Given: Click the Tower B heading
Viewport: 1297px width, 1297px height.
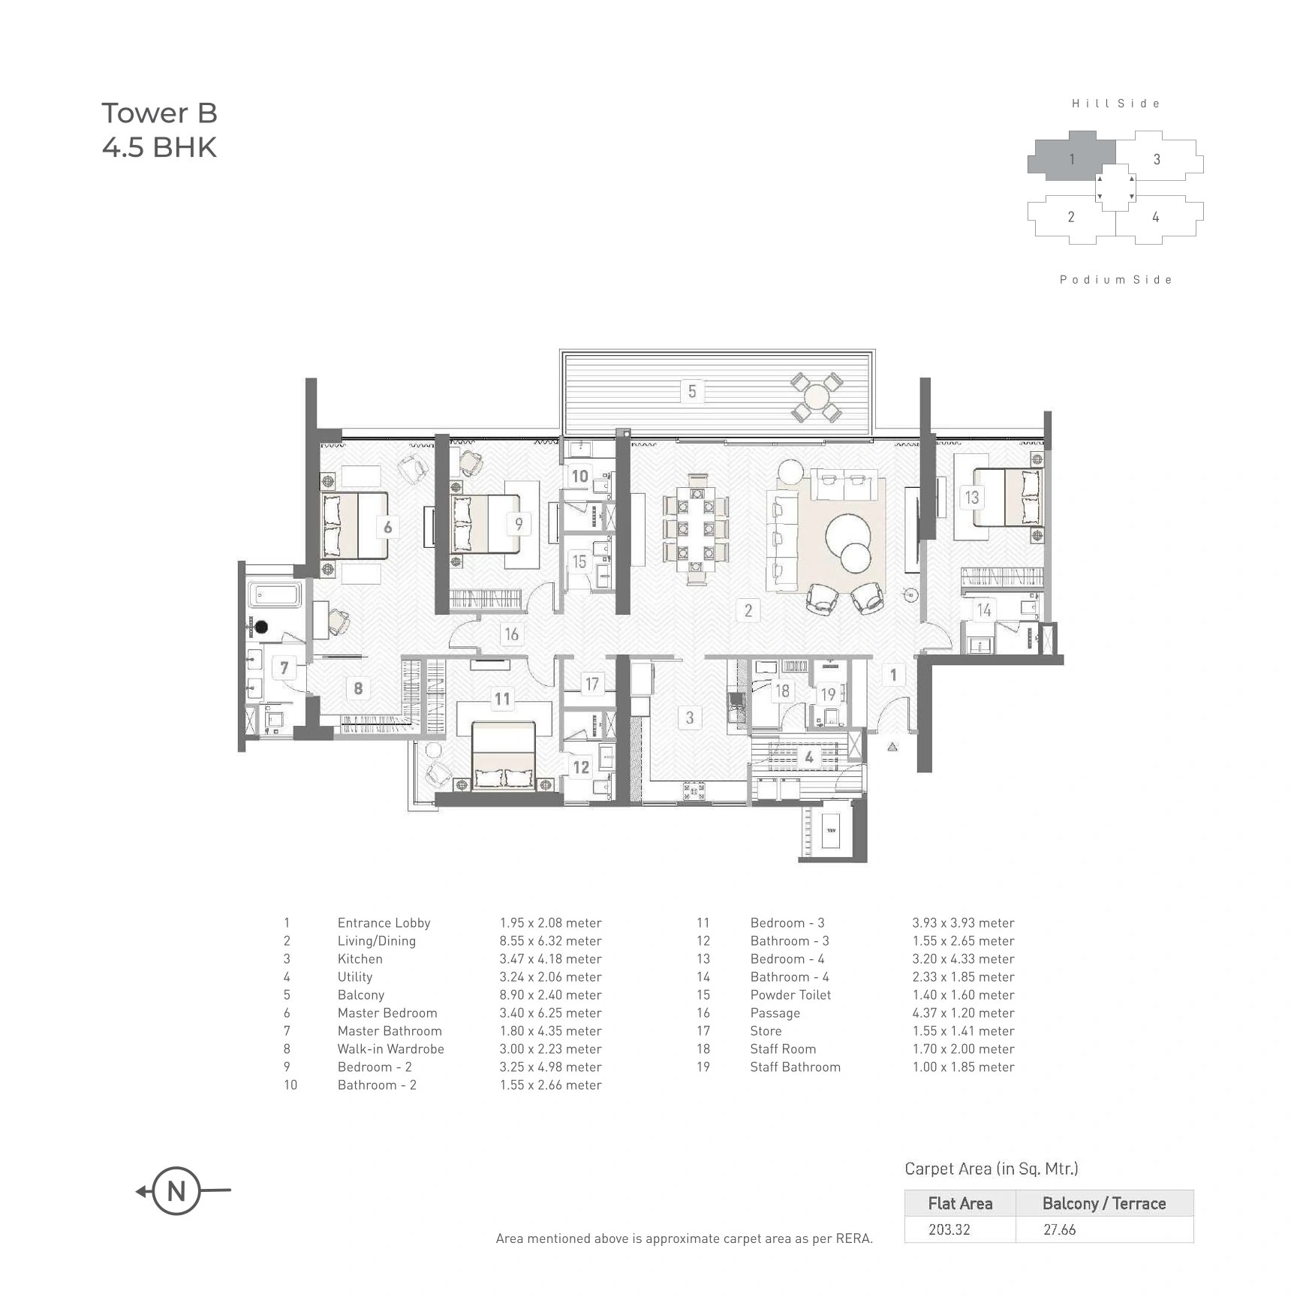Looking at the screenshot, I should click(x=159, y=113).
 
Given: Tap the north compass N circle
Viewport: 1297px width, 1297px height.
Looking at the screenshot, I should click(x=176, y=1190).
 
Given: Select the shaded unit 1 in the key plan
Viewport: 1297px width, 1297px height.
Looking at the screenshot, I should click(x=1071, y=158).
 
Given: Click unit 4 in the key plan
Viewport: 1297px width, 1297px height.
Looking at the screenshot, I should click(x=1156, y=217).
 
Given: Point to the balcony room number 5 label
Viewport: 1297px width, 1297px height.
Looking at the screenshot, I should click(x=692, y=391).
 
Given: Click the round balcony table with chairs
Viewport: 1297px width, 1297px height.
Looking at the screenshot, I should click(x=815, y=396).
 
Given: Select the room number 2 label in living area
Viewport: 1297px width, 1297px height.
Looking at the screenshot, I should click(x=748, y=610).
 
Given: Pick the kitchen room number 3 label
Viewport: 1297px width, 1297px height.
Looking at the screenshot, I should click(x=690, y=718).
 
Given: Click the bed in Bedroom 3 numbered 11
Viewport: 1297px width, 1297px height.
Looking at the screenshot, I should click(x=503, y=754).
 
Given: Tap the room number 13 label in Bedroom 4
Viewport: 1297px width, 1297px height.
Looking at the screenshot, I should click(x=972, y=497).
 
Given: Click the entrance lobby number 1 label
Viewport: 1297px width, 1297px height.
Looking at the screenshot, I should click(x=893, y=675).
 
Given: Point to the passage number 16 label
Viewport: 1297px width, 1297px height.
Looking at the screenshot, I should click(x=511, y=634).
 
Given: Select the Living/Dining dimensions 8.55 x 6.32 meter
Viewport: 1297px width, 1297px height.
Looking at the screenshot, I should click(x=550, y=941).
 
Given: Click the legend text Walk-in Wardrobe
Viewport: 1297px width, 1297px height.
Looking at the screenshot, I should click(x=390, y=1049).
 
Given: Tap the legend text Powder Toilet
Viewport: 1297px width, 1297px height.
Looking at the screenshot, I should click(x=790, y=995).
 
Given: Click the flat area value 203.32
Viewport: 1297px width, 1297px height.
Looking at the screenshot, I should click(x=949, y=1229).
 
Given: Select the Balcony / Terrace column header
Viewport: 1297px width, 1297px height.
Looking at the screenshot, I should click(x=1103, y=1204).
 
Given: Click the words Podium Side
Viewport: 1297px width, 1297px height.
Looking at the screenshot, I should click(x=1115, y=280).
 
